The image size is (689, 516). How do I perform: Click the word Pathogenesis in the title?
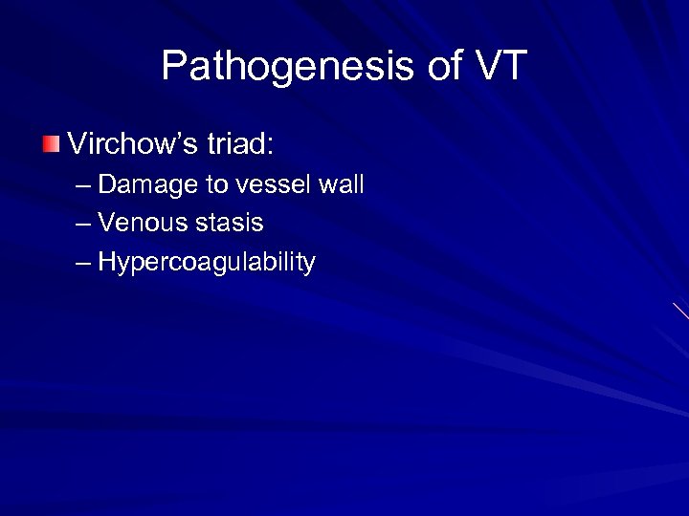(x=287, y=67)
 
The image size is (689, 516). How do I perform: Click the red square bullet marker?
(x=51, y=144)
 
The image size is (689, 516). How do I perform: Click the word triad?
(x=239, y=145)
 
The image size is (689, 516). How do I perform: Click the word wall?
(x=342, y=184)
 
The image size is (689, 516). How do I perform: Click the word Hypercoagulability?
(x=206, y=263)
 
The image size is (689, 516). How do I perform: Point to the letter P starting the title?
(x=173, y=67)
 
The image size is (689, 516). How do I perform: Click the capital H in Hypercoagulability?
(x=106, y=262)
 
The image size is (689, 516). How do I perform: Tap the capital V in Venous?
(x=106, y=224)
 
